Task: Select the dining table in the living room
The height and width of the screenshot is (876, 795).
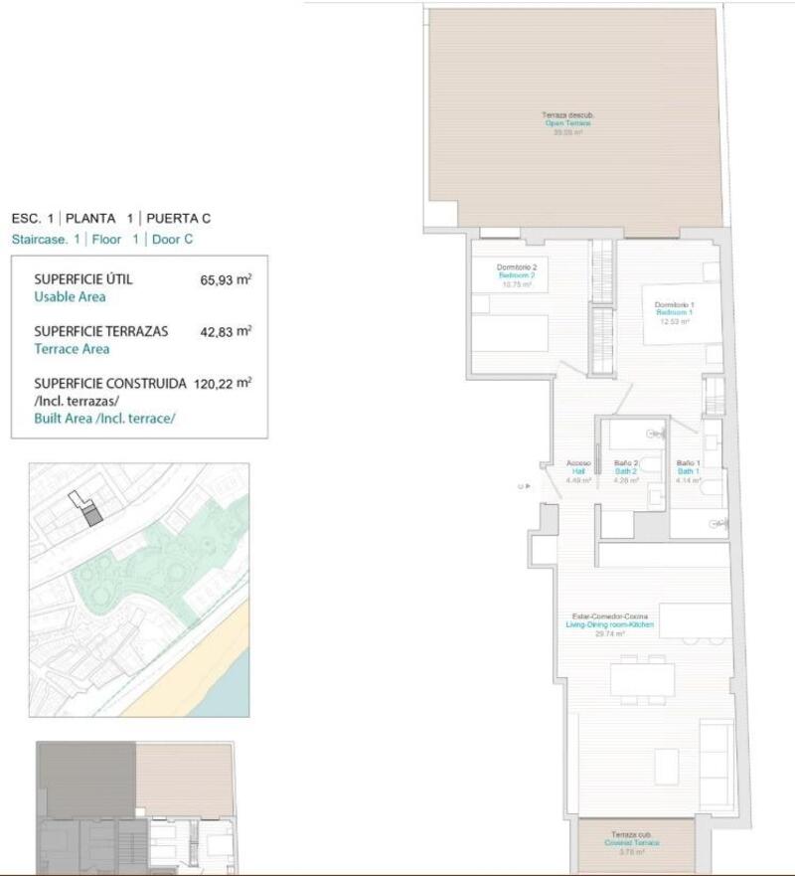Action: (x=641, y=680)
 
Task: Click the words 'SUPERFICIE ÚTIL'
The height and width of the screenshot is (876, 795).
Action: (x=82, y=279)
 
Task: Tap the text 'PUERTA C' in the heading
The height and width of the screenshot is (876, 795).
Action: (x=179, y=218)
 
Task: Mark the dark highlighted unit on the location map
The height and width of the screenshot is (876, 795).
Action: (x=91, y=515)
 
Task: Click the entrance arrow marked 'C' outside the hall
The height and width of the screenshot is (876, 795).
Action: (x=523, y=487)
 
